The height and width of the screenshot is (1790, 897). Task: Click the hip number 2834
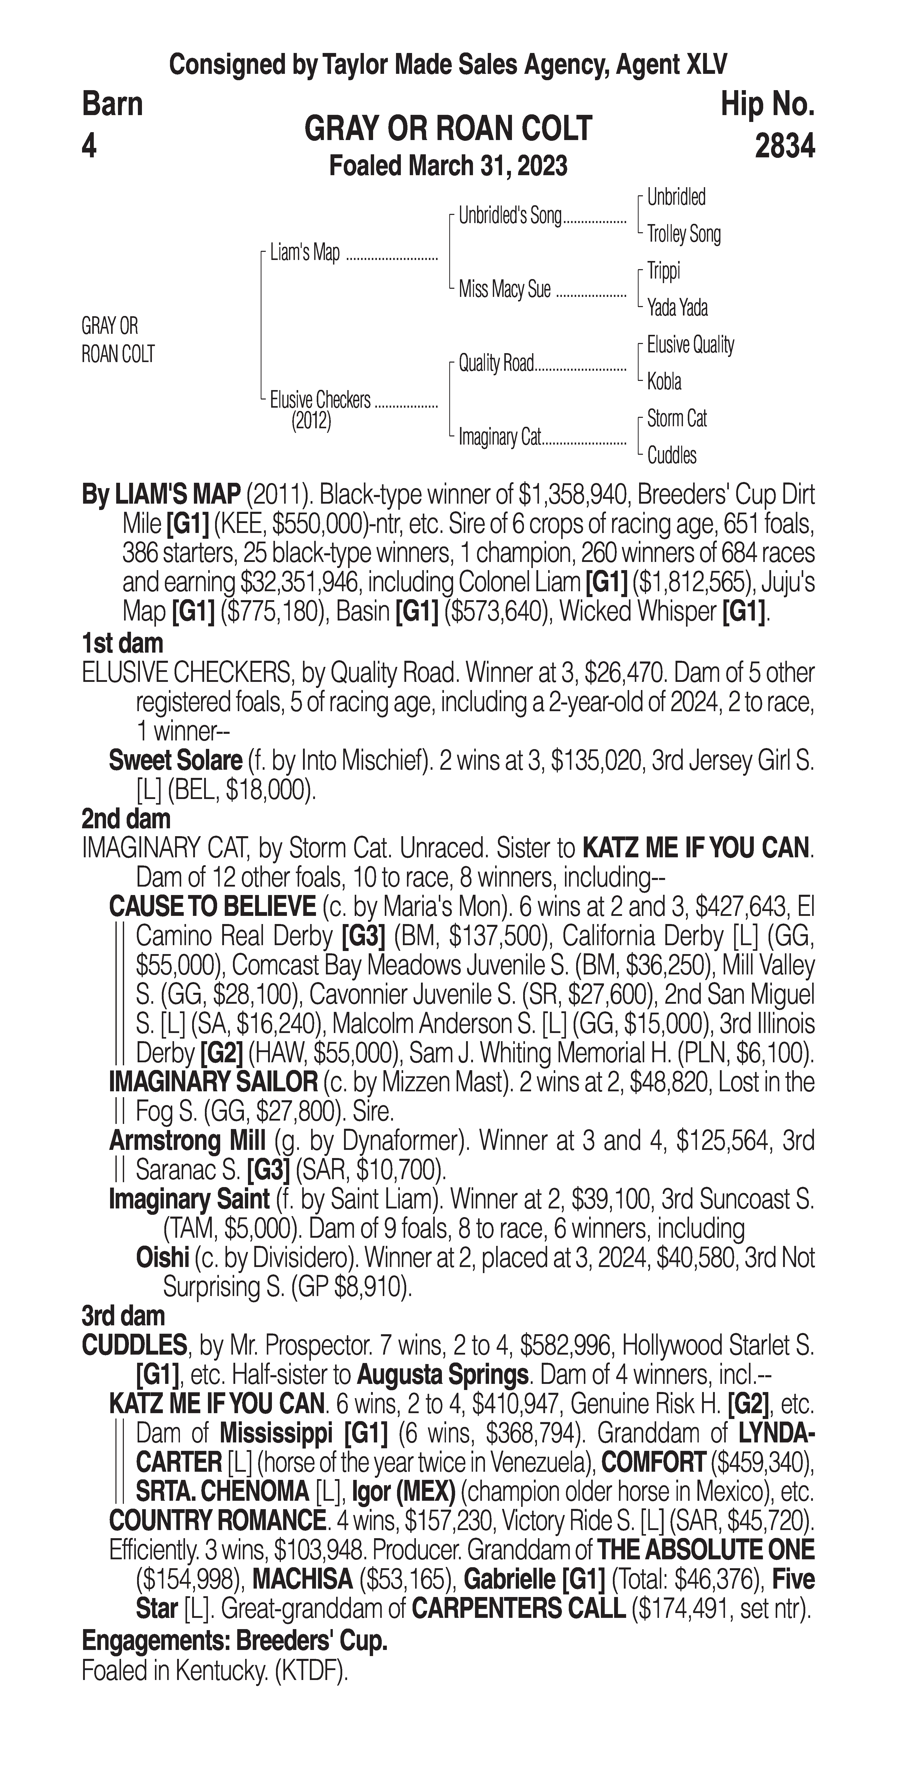pyautogui.click(x=784, y=146)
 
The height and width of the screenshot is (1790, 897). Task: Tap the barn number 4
pyautogui.click(x=89, y=146)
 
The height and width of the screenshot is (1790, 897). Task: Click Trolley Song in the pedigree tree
pyautogui.click(x=683, y=234)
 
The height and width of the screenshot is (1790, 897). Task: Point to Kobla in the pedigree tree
pyautogui.click(x=664, y=381)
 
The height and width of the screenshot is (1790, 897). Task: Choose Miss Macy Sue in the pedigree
pyautogui.click(x=504, y=289)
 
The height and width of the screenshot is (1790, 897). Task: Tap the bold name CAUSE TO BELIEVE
pyautogui.click(x=212, y=907)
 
